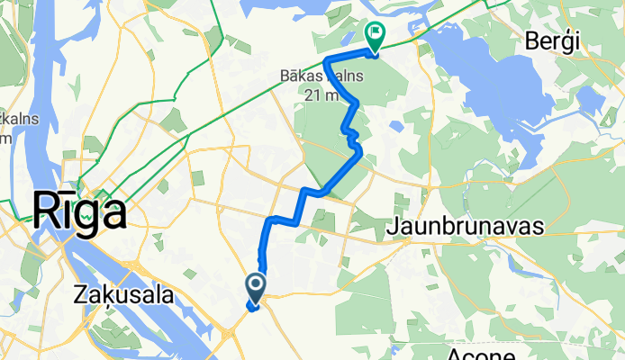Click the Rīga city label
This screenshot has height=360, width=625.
pyautogui.click(x=78, y=211)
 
